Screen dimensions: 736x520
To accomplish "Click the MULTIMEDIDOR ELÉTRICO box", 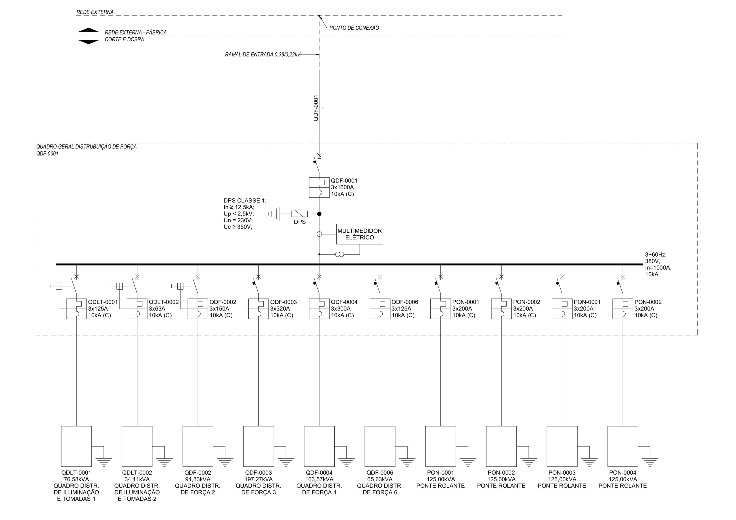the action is [359, 234].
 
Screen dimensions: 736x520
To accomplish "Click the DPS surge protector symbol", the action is [299, 214].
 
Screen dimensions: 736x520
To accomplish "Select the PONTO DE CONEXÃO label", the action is [354, 28].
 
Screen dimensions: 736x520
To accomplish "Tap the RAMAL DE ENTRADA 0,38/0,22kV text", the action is [262, 55].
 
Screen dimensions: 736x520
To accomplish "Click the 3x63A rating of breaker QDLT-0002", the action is [157, 309].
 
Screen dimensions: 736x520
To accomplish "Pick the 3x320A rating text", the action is [280, 309].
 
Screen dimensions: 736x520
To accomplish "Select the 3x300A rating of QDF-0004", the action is [341, 309].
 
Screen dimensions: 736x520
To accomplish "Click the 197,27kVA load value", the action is [258, 479].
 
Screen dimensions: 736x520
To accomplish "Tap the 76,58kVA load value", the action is [76, 479].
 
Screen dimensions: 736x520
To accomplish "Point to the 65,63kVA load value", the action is [380, 479].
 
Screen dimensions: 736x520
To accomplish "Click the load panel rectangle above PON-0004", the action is [622, 446].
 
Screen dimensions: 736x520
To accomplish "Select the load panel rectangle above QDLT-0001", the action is [76, 446].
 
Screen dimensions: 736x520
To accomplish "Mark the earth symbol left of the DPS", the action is [274, 214].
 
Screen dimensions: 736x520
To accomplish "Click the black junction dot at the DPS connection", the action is [319, 214].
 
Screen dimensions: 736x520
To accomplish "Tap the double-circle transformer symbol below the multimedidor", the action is [340, 254].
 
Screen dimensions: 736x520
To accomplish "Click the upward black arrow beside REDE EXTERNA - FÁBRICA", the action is [89, 30].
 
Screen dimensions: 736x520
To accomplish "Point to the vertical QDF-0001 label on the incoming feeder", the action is [316, 108].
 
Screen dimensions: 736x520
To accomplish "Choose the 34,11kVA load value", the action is [137, 479].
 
